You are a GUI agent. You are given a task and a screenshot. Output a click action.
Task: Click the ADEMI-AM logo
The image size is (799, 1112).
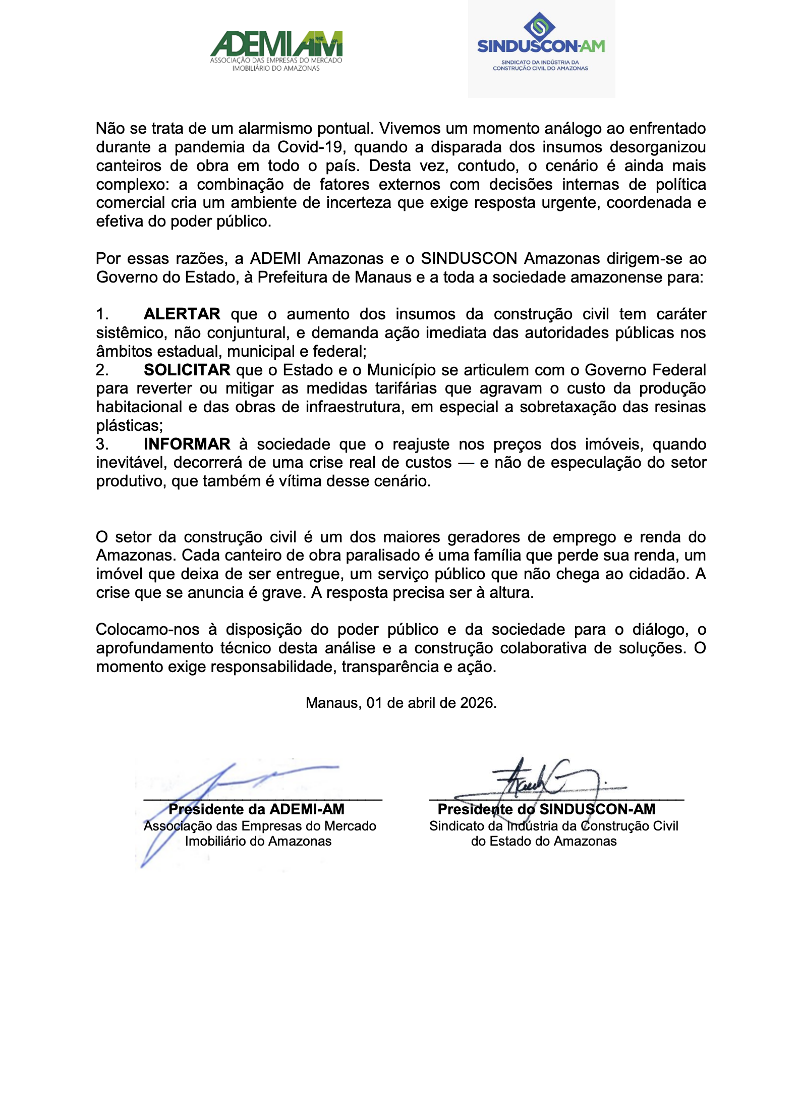click(276, 50)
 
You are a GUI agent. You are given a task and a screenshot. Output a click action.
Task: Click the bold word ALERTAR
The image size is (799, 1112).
click(182, 314)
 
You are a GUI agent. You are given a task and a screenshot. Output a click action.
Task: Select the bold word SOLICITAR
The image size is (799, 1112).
click(187, 370)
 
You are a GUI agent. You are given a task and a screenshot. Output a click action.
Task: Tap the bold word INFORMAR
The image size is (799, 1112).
click(187, 444)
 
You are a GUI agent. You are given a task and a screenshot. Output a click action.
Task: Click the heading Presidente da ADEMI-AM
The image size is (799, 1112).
click(256, 809)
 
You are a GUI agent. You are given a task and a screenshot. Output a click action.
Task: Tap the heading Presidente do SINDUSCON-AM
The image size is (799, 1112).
click(546, 809)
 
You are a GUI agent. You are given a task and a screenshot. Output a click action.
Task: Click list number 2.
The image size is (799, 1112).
click(102, 370)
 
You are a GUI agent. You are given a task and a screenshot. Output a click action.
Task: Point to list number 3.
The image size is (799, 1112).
click(102, 444)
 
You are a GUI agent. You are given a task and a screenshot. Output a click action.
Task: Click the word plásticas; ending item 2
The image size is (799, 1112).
click(130, 426)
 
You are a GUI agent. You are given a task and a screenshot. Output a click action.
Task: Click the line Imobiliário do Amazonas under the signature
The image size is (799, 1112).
click(258, 841)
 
